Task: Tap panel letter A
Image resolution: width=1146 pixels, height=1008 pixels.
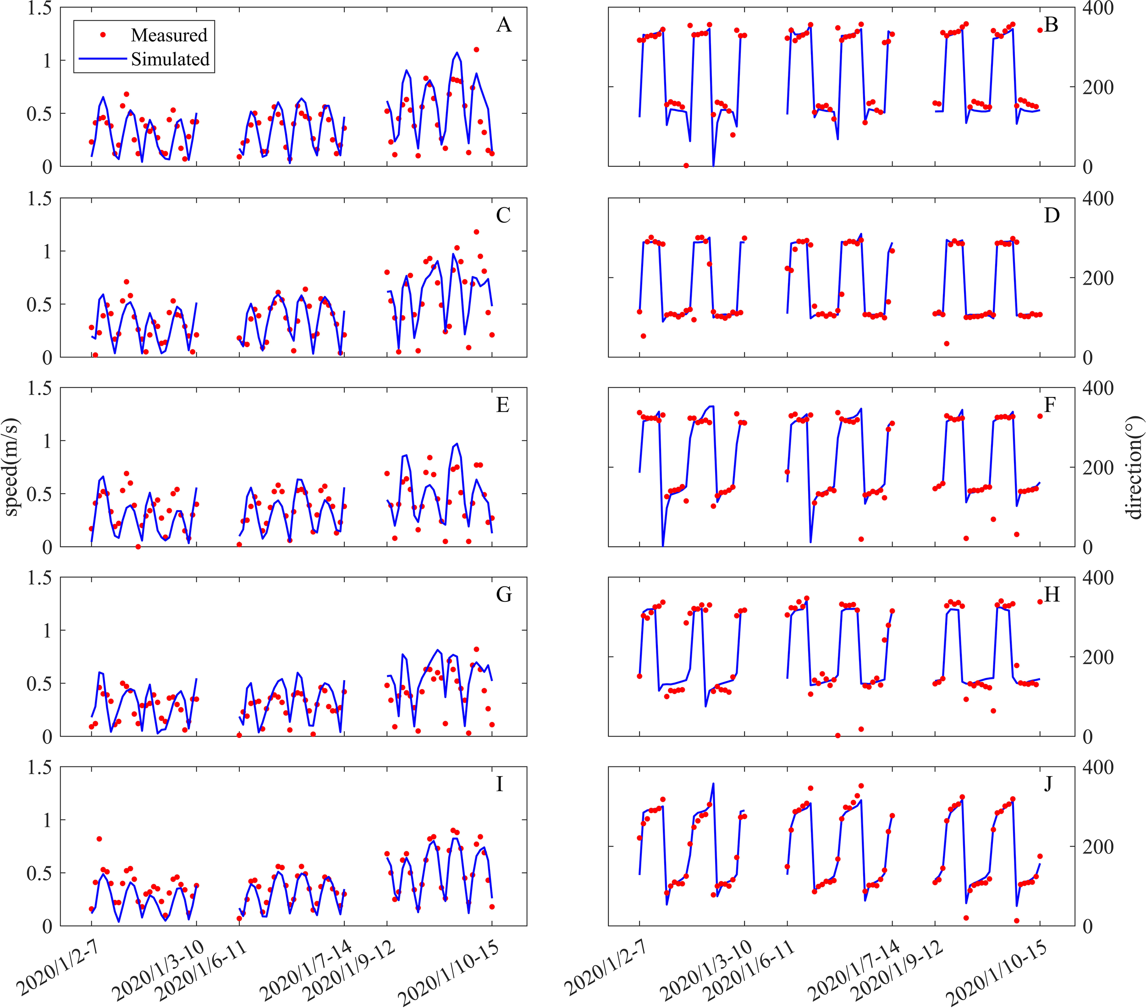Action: click(x=503, y=25)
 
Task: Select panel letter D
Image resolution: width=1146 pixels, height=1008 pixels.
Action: click(x=1051, y=215)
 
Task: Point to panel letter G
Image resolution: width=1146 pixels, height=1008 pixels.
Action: click(x=503, y=594)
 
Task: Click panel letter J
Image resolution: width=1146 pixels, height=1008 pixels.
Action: click(x=1048, y=784)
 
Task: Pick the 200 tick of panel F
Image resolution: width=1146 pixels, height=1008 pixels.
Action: click(x=1097, y=467)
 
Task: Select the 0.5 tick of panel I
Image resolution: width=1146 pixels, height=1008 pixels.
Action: click(x=39, y=873)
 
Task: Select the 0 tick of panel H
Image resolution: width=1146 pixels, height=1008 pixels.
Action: click(x=1087, y=737)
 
